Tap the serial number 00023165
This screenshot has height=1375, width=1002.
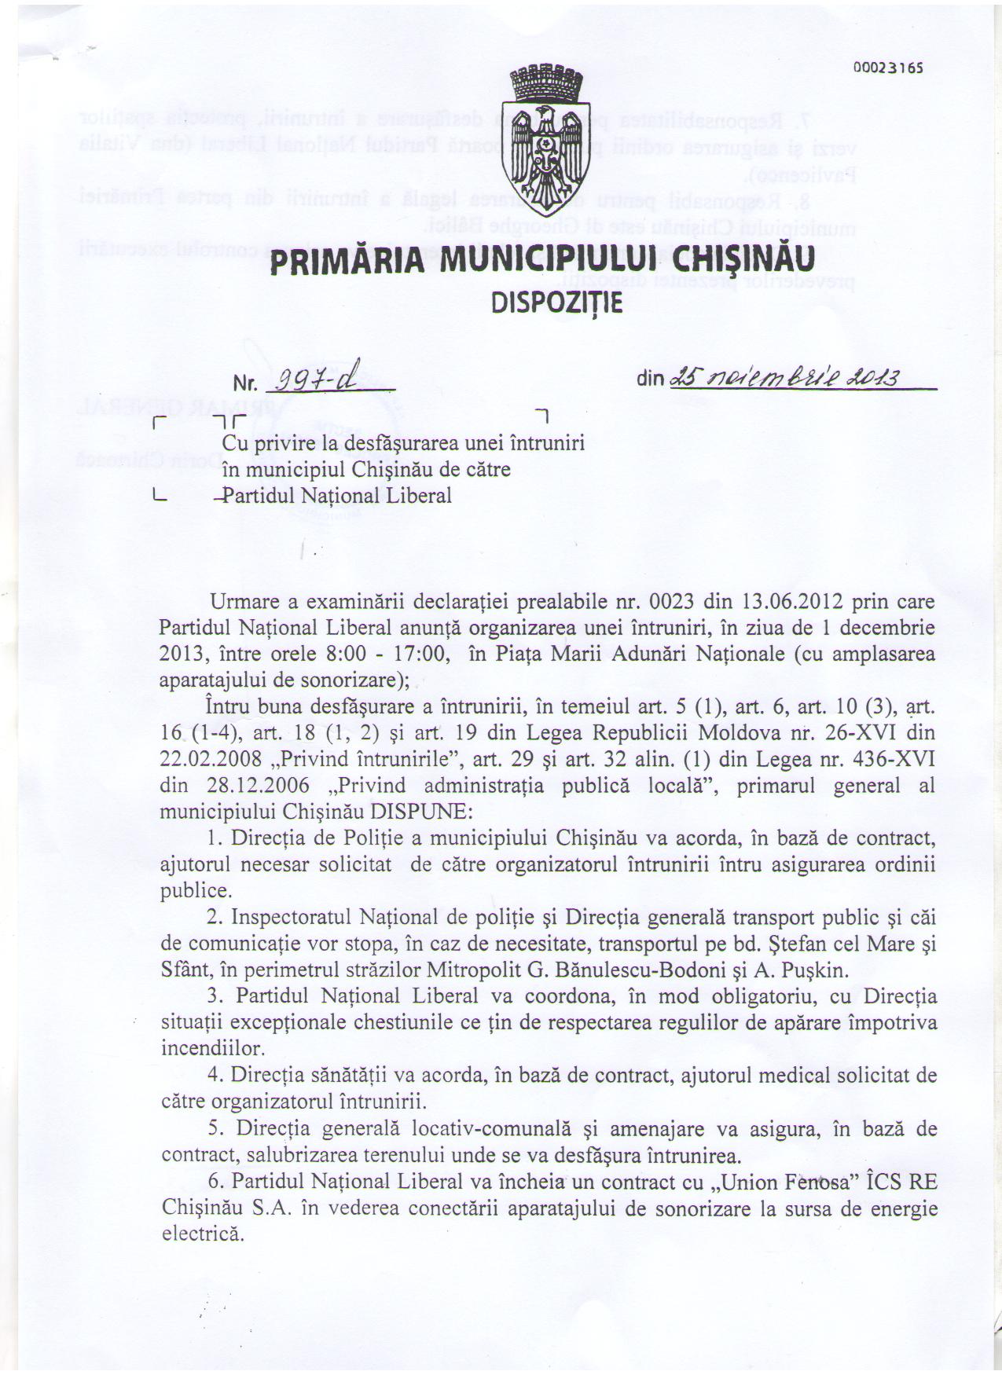(x=887, y=68)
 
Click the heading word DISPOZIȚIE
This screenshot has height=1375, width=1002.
(x=556, y=302)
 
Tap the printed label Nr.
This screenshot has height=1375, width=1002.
(x=246, y=384)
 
